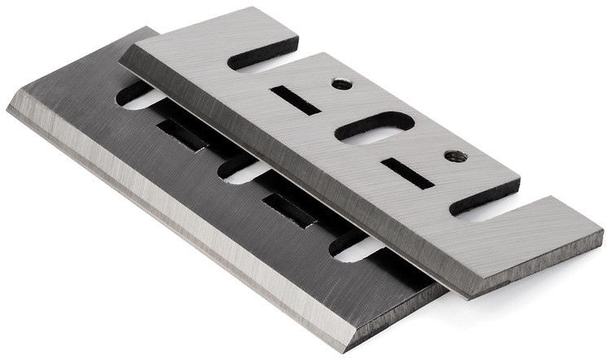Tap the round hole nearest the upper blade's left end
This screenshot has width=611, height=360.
(x=341, y=84)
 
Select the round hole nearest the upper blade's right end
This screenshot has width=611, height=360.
(x=451, y=156)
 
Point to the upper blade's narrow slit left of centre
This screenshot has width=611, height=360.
(x=295, y=100)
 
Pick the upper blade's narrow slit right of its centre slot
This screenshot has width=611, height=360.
(x=407, y=173)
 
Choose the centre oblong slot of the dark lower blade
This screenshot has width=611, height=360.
(x=244, y=171)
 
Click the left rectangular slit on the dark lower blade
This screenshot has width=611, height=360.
(x=182, y=135)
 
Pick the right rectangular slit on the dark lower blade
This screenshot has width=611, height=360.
(x=290, y=209)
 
